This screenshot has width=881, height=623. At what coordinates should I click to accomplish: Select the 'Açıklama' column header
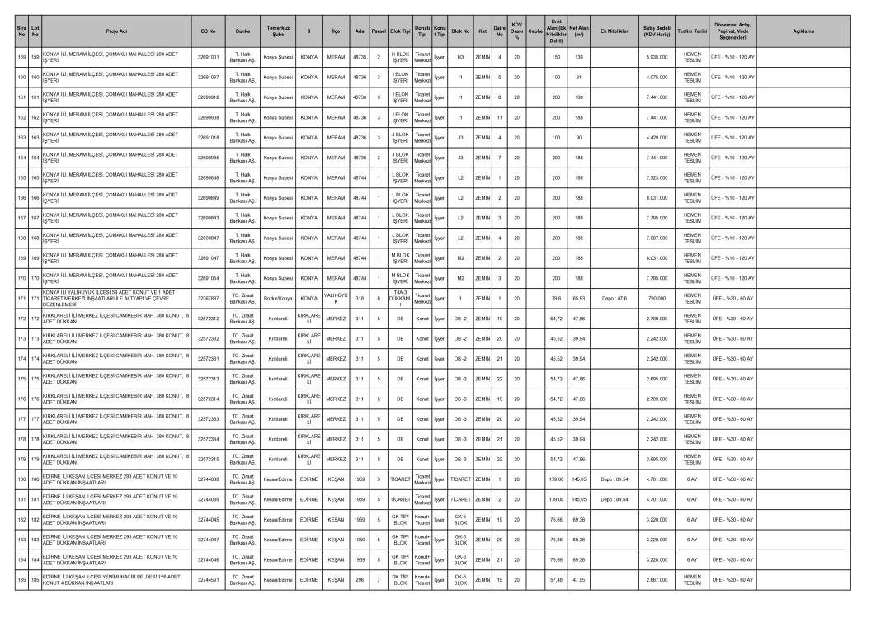(803, 31)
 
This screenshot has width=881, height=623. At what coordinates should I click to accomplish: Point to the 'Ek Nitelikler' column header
(615, 31)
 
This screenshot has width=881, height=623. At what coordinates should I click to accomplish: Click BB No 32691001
(209, 57)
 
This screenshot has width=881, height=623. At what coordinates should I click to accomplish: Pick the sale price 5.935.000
(657, 57)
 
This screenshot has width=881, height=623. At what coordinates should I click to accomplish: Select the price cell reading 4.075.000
(657, 77)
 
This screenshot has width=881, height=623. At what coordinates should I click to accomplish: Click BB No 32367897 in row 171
(209, 298)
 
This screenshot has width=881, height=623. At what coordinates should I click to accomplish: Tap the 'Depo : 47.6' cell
(615, 298)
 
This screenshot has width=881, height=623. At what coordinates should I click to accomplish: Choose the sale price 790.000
(657, 298)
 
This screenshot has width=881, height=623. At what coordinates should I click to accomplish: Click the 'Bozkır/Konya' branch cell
(277, 298)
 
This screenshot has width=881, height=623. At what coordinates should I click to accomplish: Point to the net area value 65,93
(578, 298)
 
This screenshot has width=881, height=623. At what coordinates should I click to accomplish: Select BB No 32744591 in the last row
(209, 580)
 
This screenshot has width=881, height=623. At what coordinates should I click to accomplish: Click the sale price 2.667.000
(657, 580)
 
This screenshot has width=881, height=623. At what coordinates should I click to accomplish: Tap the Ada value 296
(360, 580)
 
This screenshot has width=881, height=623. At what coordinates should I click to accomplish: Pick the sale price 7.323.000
(657, 177)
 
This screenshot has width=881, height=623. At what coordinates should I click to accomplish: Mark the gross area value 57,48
(556, 580)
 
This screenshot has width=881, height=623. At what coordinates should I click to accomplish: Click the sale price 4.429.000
(657, 137)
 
